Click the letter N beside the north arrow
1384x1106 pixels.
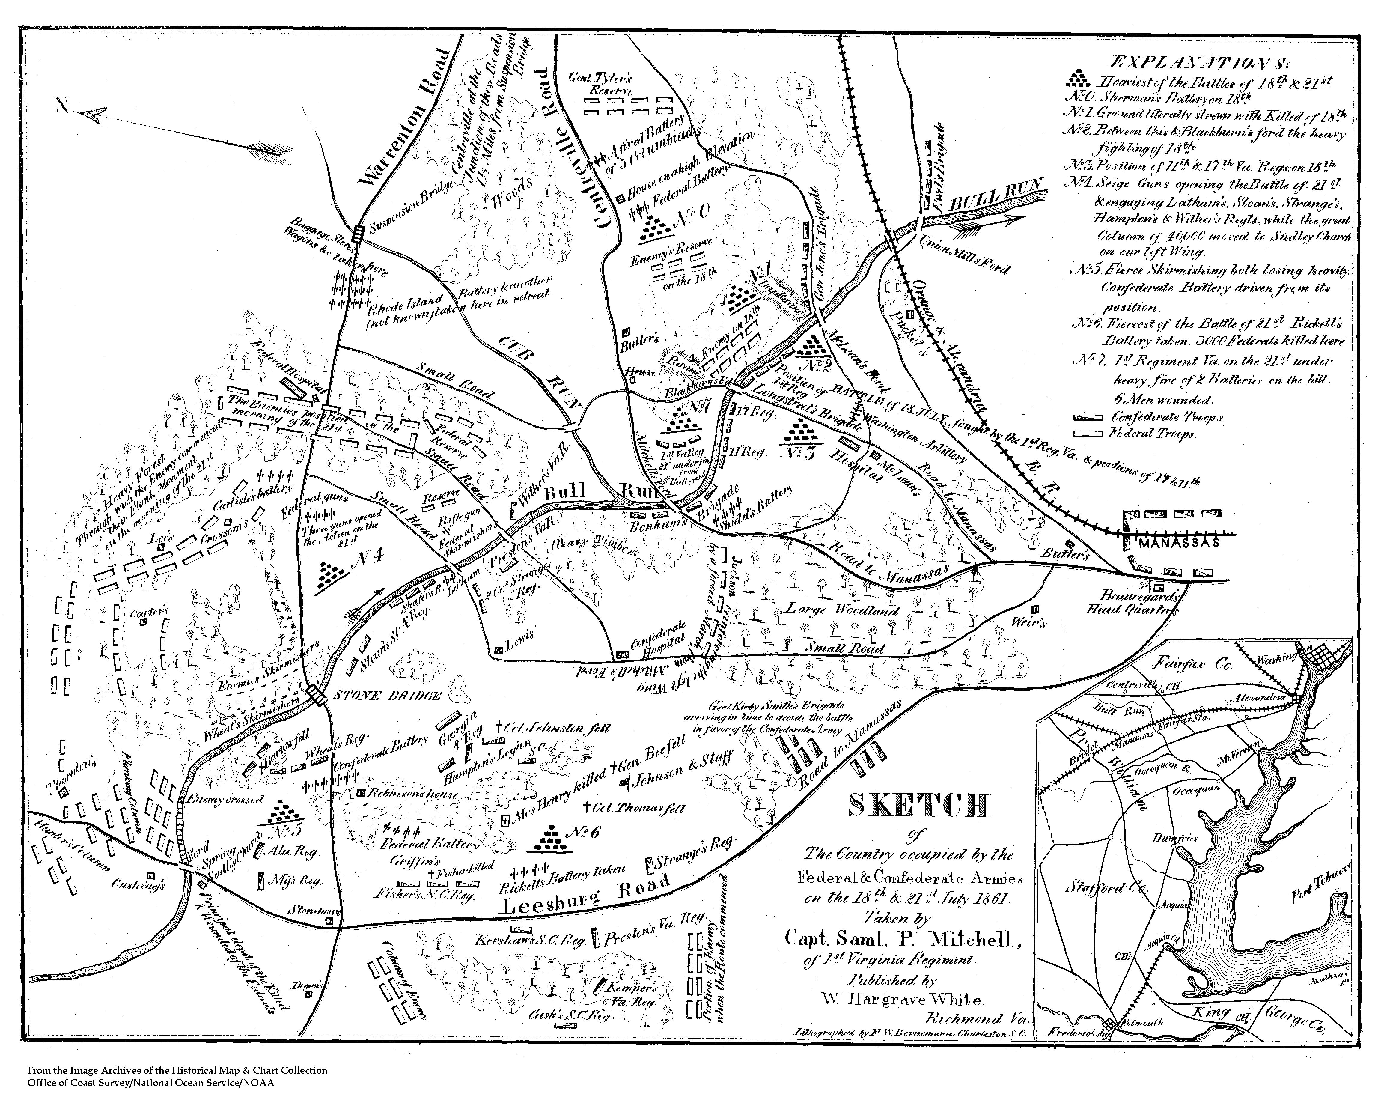tap(62, 106)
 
